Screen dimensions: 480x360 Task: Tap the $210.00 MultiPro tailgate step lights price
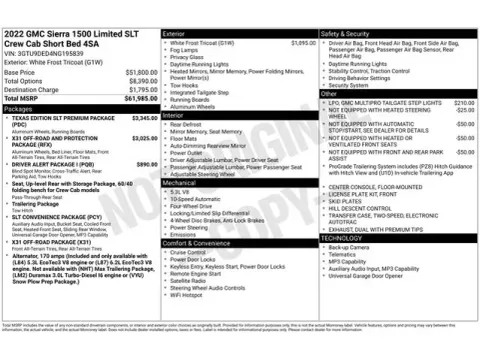tap(464, 103)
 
